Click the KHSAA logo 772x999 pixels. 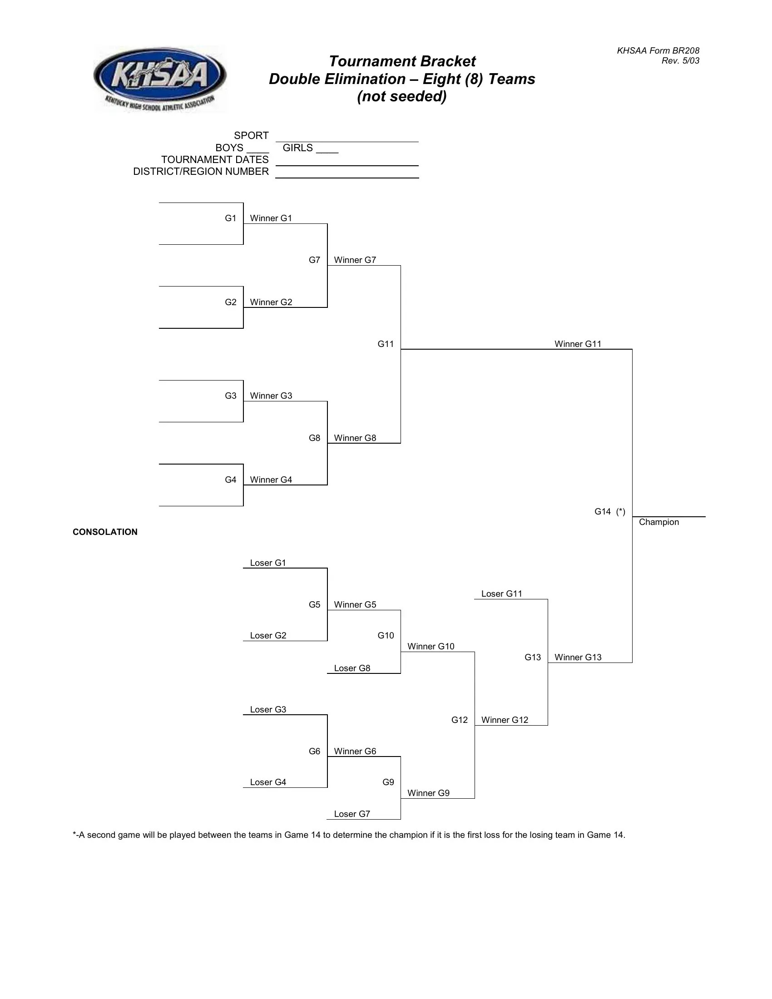[x=160, y=79]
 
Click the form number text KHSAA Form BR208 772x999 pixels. [x=658, y=51]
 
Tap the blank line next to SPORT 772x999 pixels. [x=346, y=138]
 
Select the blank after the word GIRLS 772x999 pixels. [x=327, y=149]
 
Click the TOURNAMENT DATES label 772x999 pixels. [x=214, y=160]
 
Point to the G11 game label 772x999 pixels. [x=386, y=344]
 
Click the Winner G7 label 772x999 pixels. [x=355, y=260]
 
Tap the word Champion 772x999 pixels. [x=658, y=522]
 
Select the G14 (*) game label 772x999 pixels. [x=609, y=511]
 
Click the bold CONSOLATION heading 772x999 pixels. [x=105, y=532]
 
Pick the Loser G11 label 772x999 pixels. [x=501, y=594]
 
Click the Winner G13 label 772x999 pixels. [x=578, y=658]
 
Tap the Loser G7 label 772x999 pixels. [x=351, y=814]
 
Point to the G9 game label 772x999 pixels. [x=388, y=782]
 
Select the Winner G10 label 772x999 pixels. [x=431, y=646]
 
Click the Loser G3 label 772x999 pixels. [x=267, y=709]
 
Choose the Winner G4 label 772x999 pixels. [x=271, y=480]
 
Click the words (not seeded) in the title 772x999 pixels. [x=401, y=97]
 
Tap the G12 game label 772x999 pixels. [x=459, y=720]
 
